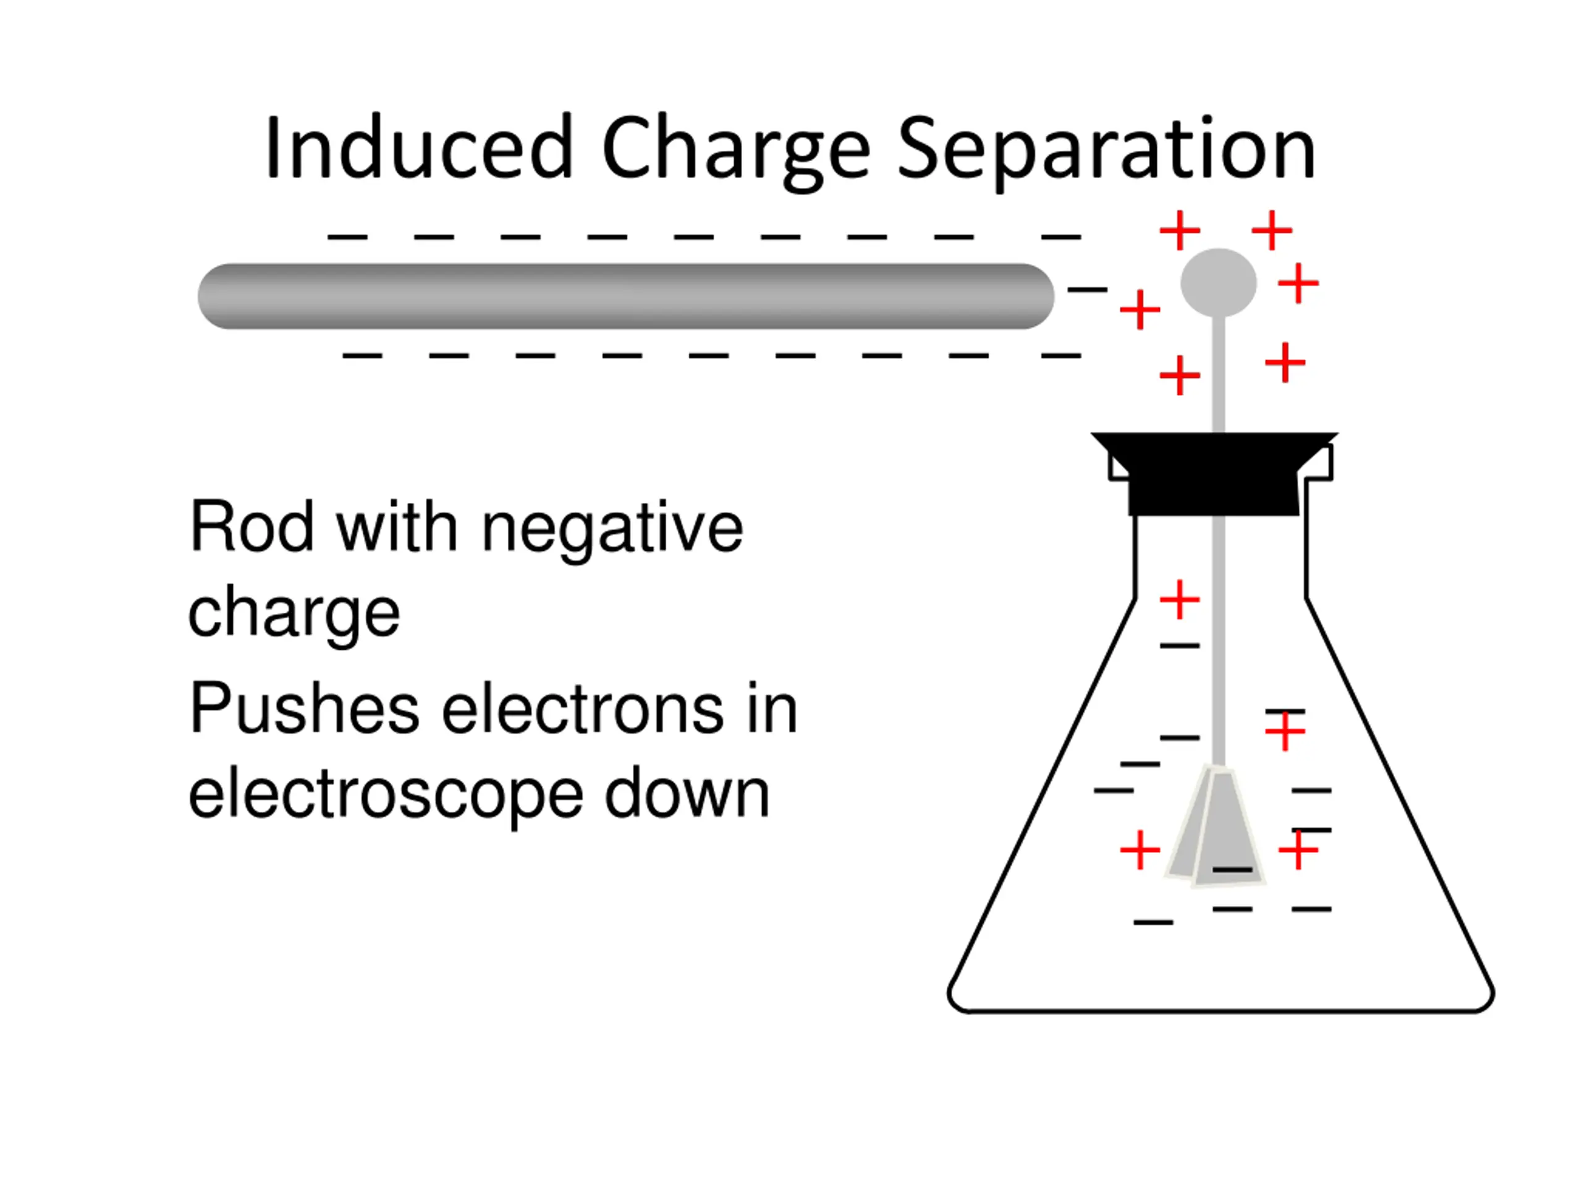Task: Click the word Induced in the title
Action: tap(418, 149)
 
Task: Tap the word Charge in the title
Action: tap(736, 150)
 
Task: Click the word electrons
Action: tap(583, 709)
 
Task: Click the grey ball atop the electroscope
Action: tap(1218, 282)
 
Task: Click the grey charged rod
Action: tap(626, 296)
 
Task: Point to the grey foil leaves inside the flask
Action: tap(1216, 829)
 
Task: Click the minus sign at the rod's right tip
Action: tap(1087, 290)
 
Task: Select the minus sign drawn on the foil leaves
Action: tap(1232, 869)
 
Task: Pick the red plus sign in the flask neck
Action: tap(1179, 599)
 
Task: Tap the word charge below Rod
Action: tap(294, 613)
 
